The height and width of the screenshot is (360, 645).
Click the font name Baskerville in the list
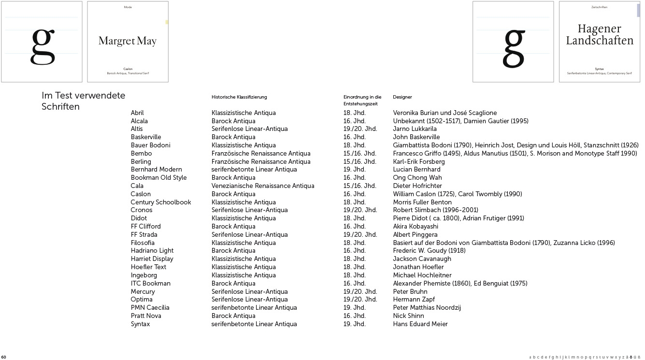(145, 137)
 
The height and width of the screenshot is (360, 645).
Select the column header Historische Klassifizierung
(239, 97)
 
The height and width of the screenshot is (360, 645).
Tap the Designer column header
(402, 97)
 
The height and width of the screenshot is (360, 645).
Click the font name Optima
(142, 300)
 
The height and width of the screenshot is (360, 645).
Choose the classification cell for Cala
(262, 186)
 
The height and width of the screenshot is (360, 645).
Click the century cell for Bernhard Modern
(354, 170)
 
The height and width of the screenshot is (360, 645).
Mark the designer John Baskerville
(416, 137)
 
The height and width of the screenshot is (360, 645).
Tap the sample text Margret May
(128, 41)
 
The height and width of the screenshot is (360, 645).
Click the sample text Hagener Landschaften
(599, 35)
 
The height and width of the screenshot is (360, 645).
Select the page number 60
(4, 357)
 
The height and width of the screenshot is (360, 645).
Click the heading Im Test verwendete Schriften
(83, 101)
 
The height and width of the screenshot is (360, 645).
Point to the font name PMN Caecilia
(150, 308)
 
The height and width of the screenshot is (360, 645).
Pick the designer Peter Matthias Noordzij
(427, 308)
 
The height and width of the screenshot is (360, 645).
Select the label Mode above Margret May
(128, 7)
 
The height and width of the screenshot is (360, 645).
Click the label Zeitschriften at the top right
(599, 7)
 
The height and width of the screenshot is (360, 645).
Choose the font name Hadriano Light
(152, 251)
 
